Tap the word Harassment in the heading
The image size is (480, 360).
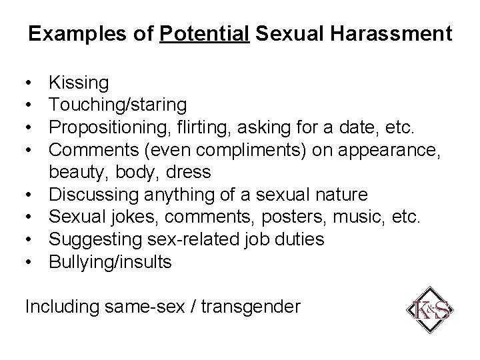click(399, 33)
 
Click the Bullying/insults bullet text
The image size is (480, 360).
click(111, 262)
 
